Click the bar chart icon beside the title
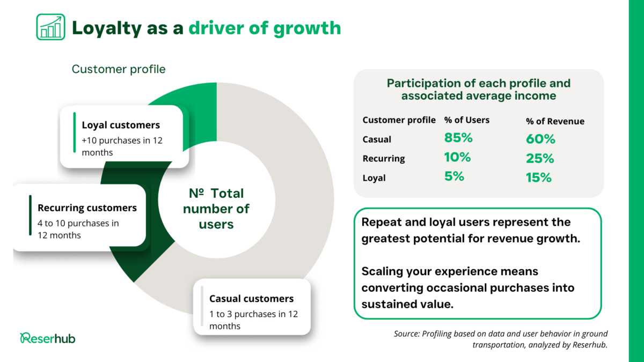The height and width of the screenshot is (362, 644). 50,27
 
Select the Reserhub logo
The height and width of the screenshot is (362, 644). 48,338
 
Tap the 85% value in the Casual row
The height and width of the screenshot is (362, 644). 458,138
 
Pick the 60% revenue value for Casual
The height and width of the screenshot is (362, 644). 540,139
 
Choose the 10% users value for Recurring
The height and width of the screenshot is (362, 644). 457,157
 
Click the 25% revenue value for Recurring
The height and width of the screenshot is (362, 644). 540,158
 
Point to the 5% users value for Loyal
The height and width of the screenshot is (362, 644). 454,176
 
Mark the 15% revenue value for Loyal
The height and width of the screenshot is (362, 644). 539,178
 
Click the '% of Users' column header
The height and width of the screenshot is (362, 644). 466,120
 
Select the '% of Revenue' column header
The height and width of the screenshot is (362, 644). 555,121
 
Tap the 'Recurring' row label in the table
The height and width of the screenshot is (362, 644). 384,158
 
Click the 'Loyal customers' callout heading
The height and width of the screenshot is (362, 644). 121,125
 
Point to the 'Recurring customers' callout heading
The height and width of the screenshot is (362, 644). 87,208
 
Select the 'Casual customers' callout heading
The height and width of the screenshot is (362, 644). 251,299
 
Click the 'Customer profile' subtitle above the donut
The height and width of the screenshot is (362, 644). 119,69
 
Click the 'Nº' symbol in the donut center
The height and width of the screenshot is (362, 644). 196,193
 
